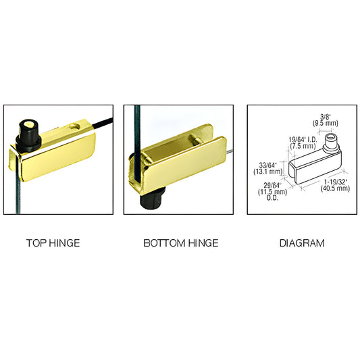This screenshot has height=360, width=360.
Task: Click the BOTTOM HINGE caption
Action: [180, 242]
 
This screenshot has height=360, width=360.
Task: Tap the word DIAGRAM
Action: [302, 242]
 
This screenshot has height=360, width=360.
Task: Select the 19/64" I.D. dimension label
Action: [302, 138]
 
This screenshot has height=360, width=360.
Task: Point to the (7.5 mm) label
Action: [302, 145]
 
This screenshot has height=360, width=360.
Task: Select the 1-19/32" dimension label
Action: [336, 182]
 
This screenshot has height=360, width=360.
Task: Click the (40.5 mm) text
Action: [336, 188]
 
